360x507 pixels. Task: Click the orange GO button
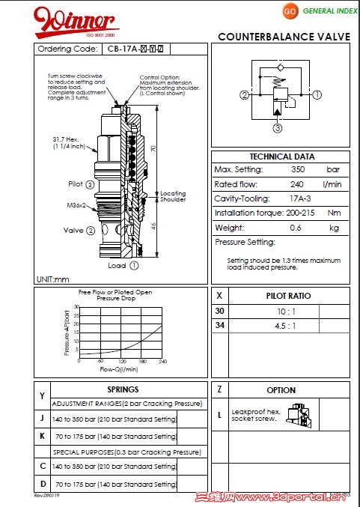(x=290, y=11)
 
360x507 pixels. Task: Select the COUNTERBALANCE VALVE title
(x=285, y=37)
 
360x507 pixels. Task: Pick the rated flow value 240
(x=296, y=184)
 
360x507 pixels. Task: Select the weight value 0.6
(x=295, y=227)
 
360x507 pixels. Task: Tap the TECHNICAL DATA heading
(x=281, y=157)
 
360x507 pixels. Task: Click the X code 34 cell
(x=219, y=325)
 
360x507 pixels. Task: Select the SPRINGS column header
(x=123, y=390)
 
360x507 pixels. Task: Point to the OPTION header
(x=281, y=390)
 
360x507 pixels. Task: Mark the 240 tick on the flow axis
(x=162, y=361)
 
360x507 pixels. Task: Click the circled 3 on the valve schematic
(x=277, y=128)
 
